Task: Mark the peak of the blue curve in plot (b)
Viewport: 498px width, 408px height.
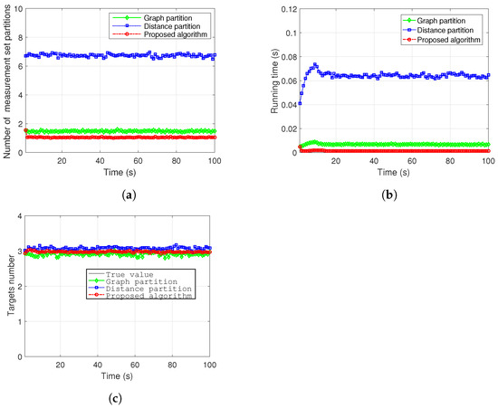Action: click(x=314, y=64)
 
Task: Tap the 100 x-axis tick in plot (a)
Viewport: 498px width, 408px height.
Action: click(x=215, y=161)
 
